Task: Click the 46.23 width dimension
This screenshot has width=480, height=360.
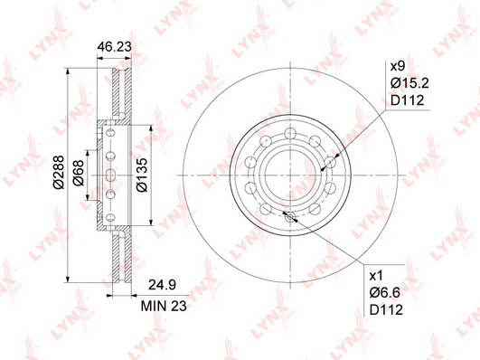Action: point(114,47)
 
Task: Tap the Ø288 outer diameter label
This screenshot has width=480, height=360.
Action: point(59,172)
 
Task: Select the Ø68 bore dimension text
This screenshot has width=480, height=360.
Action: point(79,173)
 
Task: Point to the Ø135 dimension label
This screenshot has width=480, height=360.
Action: point(142,175)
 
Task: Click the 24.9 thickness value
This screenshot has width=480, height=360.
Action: point(162,285)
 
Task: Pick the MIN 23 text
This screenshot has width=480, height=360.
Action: point(164,306)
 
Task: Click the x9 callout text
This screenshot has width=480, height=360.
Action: point(398,66)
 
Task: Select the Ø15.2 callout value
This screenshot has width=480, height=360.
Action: point(409,83)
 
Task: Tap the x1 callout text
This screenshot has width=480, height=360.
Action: point(376,277)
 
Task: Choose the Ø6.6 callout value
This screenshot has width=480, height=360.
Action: point(385,293)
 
